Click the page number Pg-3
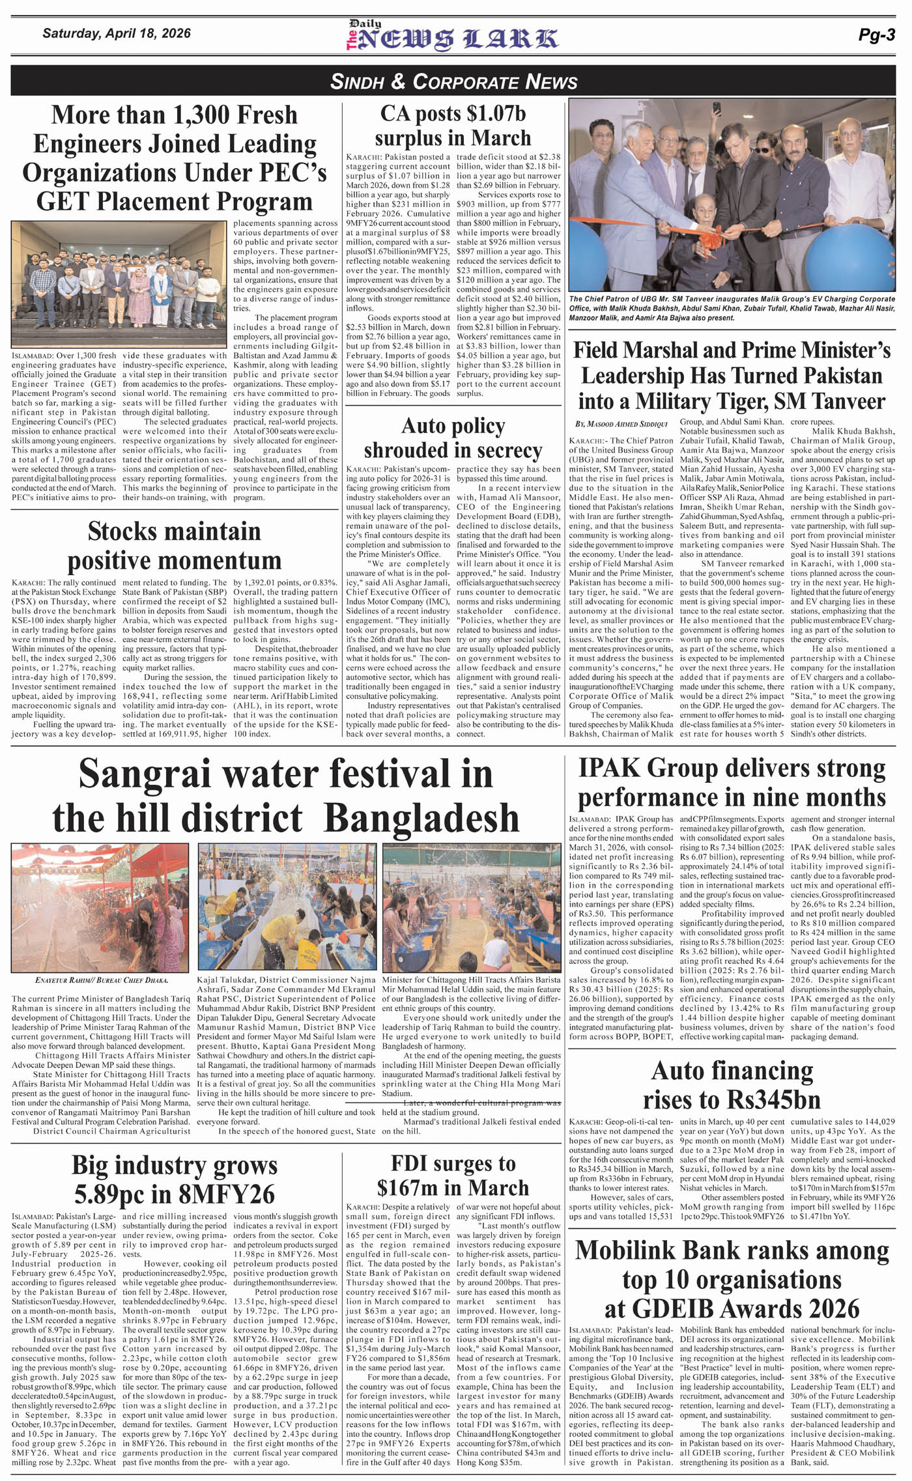pyautogui.click(x=876, y=36)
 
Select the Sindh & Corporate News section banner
pyautogui.click(x=454, y=81)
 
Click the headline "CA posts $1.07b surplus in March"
pyautogui.click(x=453, y=126)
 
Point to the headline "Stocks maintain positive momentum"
pyautogui.click(x=174, y=546)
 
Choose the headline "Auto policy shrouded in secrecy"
pyautogui.click(x=453, y=438)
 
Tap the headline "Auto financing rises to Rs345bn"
pyautogui.click(x=732, y=1084)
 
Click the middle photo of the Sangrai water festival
pyautogui.click(x=287, y=905)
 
